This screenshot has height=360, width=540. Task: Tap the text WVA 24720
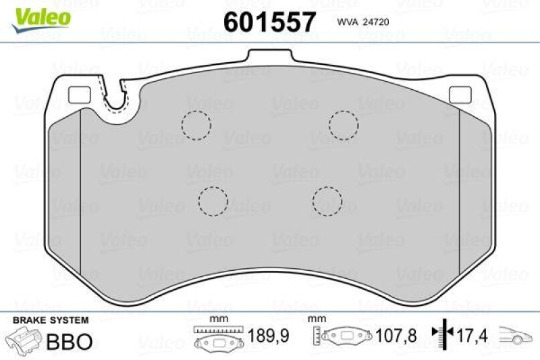tap(360, 22)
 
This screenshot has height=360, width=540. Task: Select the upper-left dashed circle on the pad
tap(196, 125)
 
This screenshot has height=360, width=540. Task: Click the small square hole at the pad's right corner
tap(460, 96)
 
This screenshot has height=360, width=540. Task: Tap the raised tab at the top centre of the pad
tap(270, 58)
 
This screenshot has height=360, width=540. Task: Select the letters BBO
tap(68, 341)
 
